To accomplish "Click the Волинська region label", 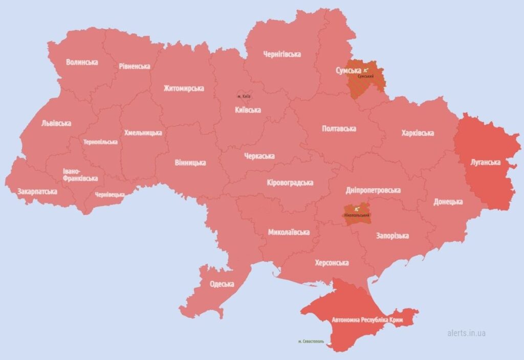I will (82, 62).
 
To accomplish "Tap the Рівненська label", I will (134, 66).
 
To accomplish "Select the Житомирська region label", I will (184, 88).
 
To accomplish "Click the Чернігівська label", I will (282, 54).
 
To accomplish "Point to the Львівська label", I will (56, 123).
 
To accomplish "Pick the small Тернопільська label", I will (101, 142).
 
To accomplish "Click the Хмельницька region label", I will (143, 133).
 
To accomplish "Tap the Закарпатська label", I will (37, 192).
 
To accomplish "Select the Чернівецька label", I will (110, 195).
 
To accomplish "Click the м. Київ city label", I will (244, 96).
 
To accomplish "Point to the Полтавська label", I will (339, 128).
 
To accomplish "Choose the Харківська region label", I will (418, 133).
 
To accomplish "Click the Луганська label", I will (485, 162).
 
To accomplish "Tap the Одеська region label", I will (222, 284).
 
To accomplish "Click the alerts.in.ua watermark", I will (466, 333).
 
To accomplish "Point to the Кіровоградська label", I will (290, 183).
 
